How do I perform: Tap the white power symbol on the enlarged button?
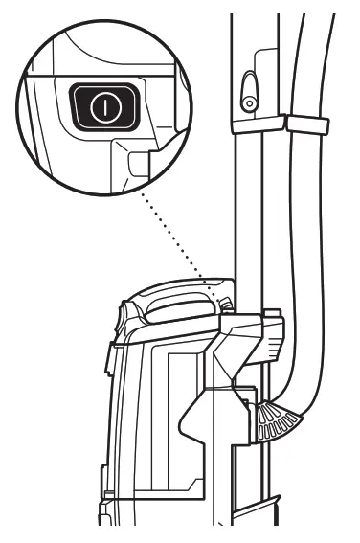click(104, 107)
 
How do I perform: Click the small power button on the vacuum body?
click(226, 303)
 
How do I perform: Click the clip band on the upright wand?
click(258, 124)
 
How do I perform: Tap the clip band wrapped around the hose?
click(305, 125)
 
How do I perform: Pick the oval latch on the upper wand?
click(248, 92)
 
